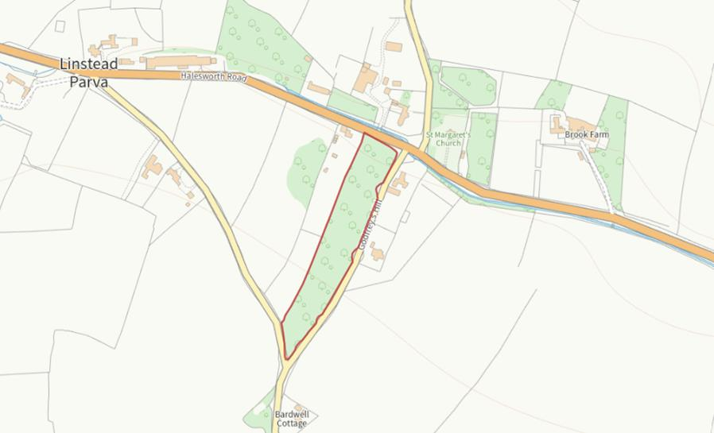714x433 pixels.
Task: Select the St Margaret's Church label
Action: click(448, 139)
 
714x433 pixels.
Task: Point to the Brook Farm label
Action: click(586, 135)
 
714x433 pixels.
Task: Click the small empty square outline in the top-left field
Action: click(60, 25)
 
